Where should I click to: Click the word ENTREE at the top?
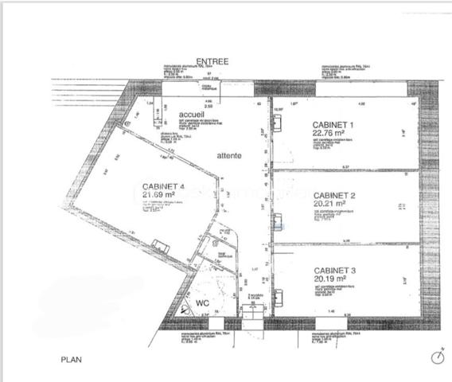point(212,61)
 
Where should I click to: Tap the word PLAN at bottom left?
point(72,360)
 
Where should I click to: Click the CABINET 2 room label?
point(334,195)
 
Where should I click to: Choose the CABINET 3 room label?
point(334,271)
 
